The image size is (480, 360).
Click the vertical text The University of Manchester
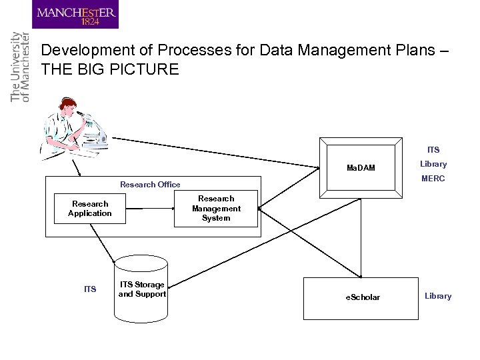(x=20, y=67)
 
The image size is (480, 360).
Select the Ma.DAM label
(x=361, y=168)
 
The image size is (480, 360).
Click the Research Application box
(x=90, y=209)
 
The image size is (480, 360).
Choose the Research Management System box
(x=216, y=209)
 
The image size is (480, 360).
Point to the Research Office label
(x=150, y=185)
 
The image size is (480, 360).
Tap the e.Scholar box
(x=362, y=297)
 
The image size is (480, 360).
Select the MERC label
(x=433, y=179)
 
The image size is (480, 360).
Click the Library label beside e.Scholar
(x=438, y=296)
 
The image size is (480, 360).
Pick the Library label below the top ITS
(x=433, y=164)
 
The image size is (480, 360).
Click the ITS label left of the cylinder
(x=90, y=289)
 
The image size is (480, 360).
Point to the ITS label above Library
(x=433, y=150)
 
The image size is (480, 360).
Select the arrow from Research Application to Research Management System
(x=149, y=209)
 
